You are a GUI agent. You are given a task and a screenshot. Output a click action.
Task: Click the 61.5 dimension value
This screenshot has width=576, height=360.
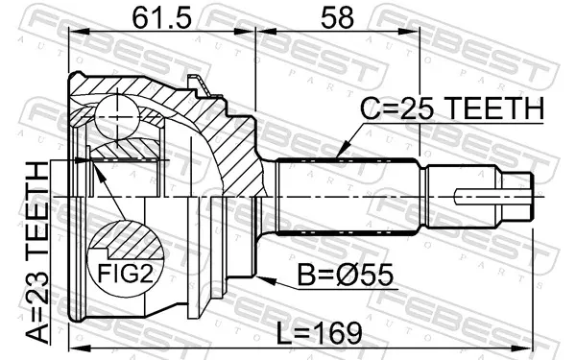point(161,18)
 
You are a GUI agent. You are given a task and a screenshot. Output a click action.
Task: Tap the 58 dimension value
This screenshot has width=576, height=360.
point(337,18)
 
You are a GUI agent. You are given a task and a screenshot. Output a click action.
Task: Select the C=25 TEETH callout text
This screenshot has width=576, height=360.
point(451,108)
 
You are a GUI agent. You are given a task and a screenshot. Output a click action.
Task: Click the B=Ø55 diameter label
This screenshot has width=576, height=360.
point(345,275)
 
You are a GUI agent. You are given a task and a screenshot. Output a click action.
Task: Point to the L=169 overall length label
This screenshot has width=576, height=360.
point(319,333)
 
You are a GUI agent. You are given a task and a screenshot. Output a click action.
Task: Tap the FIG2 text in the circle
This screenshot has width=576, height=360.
point(125,274)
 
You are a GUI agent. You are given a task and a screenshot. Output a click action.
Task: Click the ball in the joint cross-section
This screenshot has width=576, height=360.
point(117,117)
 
